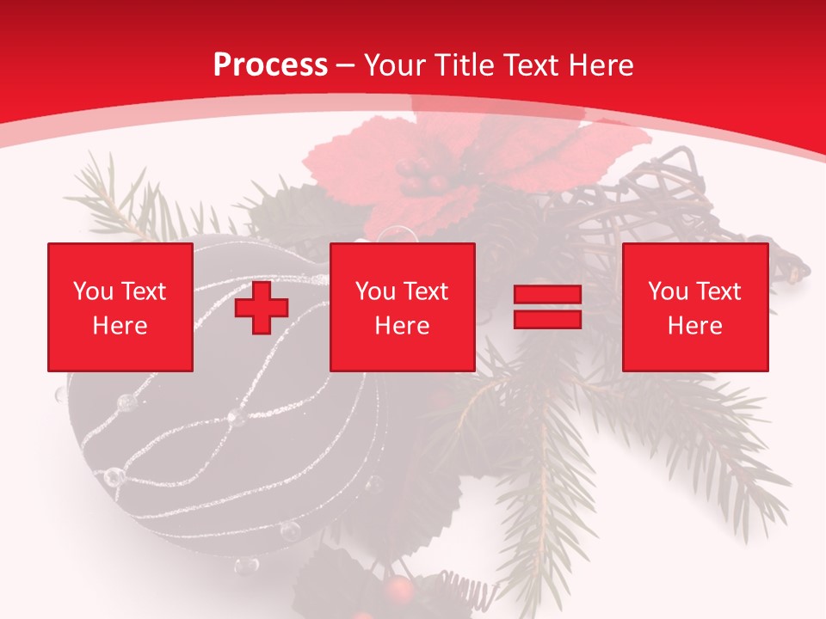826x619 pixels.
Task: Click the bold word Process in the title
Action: (270, 65)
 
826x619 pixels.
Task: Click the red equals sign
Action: (548, 308)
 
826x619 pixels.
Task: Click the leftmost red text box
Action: (120, 307)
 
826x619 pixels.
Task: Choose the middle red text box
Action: (402, 307)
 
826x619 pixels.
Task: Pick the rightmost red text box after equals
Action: (694, 307)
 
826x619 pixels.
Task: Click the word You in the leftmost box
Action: (92, 291)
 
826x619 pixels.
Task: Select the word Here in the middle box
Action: (402, 326)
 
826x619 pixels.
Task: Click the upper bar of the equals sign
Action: (548, 296)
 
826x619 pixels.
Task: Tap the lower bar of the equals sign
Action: (548, 319)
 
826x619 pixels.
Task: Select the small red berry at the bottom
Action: (398, 589)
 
